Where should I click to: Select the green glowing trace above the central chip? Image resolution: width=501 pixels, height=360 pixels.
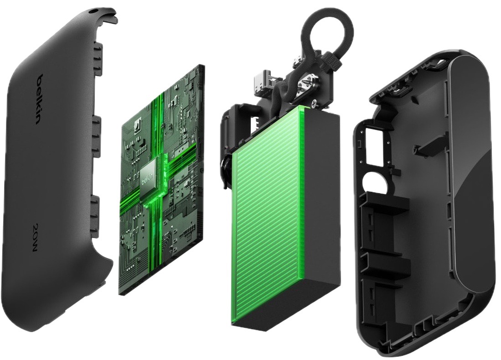(157, 123)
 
